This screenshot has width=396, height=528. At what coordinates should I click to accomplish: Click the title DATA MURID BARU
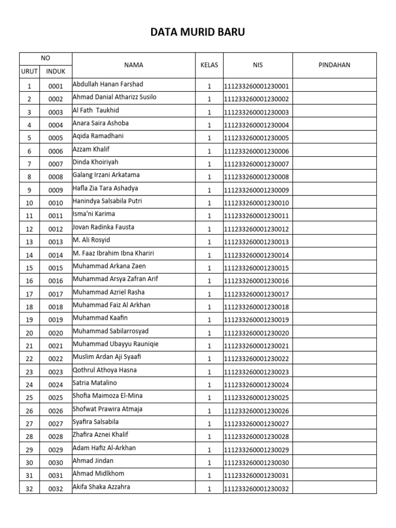pos(198,32)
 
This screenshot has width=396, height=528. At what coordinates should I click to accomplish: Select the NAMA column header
pos(134,65)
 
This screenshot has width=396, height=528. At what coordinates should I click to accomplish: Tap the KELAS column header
pos(209,65)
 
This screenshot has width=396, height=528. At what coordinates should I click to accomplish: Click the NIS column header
pos(258,65)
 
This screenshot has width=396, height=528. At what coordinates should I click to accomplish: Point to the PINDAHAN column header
pos(335,65)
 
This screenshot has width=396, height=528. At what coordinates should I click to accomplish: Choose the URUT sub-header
pos(29,72)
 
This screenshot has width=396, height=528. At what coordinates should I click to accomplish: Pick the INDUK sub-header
pos(56,72)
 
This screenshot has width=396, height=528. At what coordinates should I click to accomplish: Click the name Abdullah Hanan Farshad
pos(108,84)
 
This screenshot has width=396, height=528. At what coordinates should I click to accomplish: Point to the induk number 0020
pos(56,333)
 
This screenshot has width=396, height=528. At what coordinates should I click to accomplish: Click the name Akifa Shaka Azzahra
pos(101,487)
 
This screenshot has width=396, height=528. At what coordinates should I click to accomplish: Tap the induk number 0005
pos(56,138)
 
